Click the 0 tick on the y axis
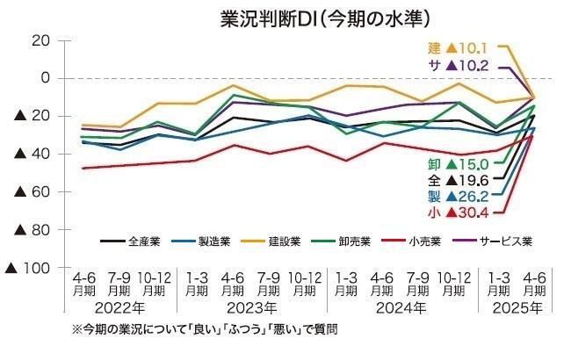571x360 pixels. pos(42,78)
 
